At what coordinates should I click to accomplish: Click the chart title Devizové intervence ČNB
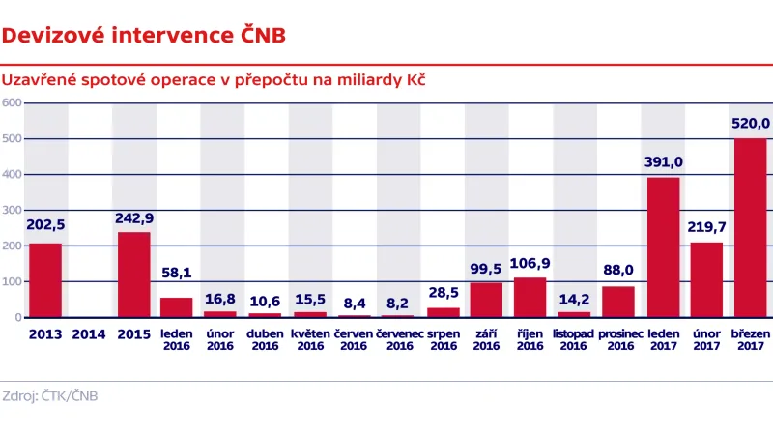pos(143,37)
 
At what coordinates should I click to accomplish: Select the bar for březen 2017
pos(751,228)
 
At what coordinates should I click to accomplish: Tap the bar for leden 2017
pos(663,247)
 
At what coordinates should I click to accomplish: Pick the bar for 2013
pos(45,280)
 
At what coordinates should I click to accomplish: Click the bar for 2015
pos(134,275)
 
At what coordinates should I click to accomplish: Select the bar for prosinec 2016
pos(618,302)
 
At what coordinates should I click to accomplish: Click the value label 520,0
pos(751,124)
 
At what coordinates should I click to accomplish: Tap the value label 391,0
pos(663,162)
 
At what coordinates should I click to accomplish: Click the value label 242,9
pos(134,217)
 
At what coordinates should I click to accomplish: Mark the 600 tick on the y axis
pos(12,103)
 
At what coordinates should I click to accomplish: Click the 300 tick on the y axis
pos(12,211)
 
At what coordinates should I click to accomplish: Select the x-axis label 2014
pos(90,333)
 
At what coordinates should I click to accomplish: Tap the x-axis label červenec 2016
pos(399,339)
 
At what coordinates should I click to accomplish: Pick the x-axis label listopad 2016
pos(574,339)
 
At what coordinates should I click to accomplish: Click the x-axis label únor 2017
pos(706,339)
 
